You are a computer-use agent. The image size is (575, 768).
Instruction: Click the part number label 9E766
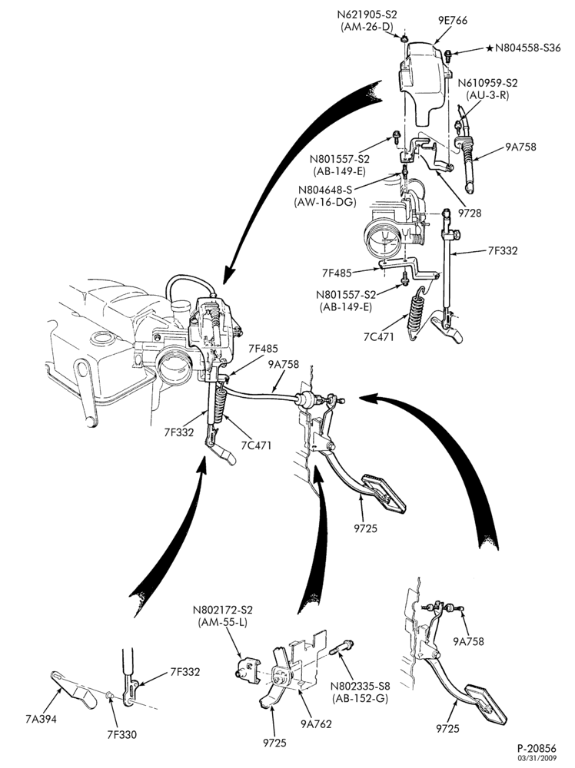tap(453, 20)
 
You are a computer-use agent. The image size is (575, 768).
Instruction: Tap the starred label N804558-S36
tap(523, 48)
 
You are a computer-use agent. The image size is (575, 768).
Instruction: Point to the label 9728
tap(470, 213)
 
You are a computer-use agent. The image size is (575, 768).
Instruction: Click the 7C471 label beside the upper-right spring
tap(378, 337)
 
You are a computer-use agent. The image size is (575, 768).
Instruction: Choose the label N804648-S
tap(325, 190)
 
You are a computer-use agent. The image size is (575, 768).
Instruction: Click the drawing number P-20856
tap(537, 748)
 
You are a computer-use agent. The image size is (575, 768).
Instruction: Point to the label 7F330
tap(121, 734)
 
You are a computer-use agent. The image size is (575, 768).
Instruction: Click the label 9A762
tap(316, 723)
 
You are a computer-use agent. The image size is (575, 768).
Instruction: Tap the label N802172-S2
tap(223, 611)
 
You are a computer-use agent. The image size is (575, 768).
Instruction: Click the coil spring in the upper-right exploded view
tap(415, 313)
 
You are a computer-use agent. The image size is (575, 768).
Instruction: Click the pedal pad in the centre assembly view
tap(385, 494)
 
